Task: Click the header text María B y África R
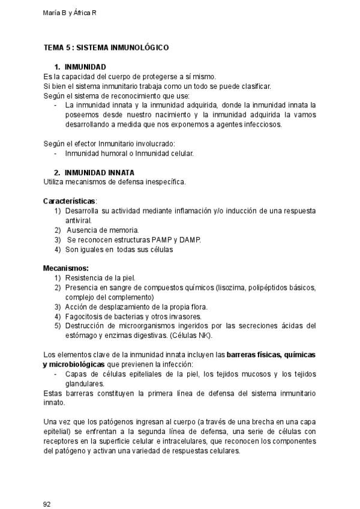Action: [x=70, y=12]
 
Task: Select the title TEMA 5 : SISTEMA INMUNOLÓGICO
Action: [x=106, y=47]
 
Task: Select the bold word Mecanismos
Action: [x=66, y=268]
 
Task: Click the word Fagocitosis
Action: [x=85, y=316]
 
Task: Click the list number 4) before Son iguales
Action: [x=58, y=249]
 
